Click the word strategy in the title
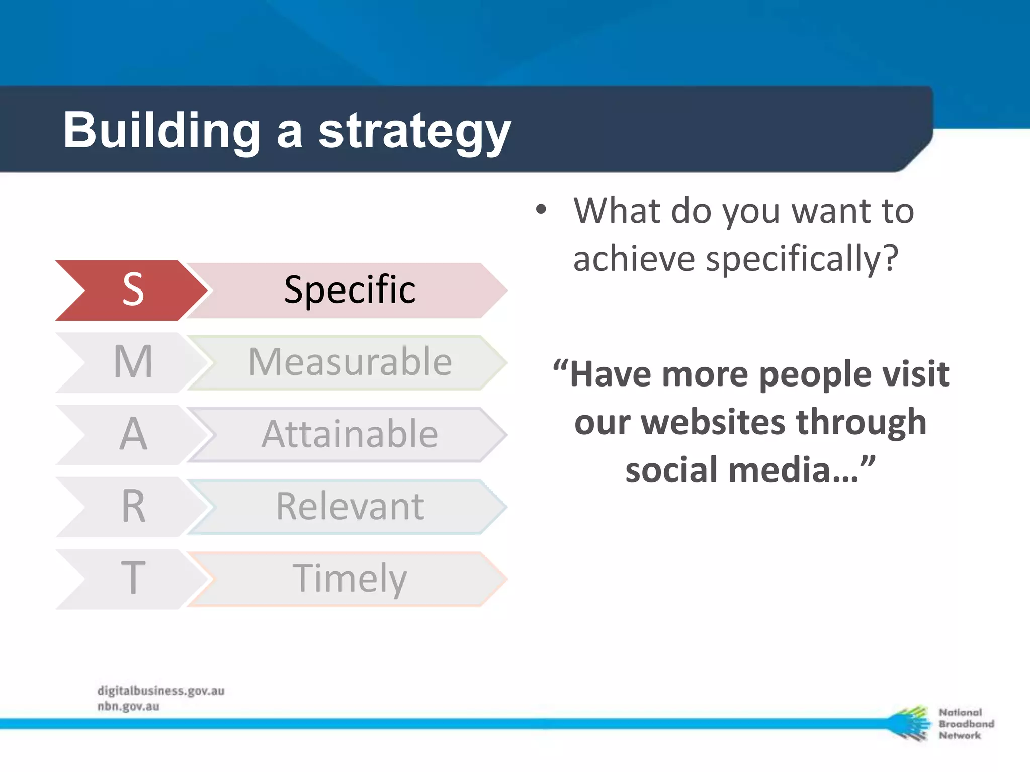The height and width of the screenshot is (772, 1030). click(x=414, y=132)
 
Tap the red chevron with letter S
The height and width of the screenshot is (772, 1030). click(x=132, y=290)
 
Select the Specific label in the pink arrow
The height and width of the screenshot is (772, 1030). click(x=350, y=290)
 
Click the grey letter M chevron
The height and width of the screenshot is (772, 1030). click(x=132, y=362)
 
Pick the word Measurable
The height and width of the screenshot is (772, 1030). click(x=350, y=362)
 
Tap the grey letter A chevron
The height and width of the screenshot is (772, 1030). click(x=132, y=434)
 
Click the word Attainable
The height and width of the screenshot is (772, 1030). click(x=350, y=434)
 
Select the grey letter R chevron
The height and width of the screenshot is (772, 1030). click(x=132, y=507)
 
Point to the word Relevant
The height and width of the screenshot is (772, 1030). click(x=350, y=507)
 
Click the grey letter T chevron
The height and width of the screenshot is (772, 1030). click(x=132, y=578)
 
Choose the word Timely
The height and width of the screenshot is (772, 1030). click(x=350, y=578)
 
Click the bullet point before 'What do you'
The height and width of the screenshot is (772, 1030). click(x=541, y=210)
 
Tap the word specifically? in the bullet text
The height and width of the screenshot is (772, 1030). click(x=802, y=259)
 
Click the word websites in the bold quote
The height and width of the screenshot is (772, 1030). click(x=714, y=422)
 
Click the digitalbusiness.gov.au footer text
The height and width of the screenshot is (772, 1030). click(x=160, y=691)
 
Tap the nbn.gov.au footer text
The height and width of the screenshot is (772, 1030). click(x=128, y=706)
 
